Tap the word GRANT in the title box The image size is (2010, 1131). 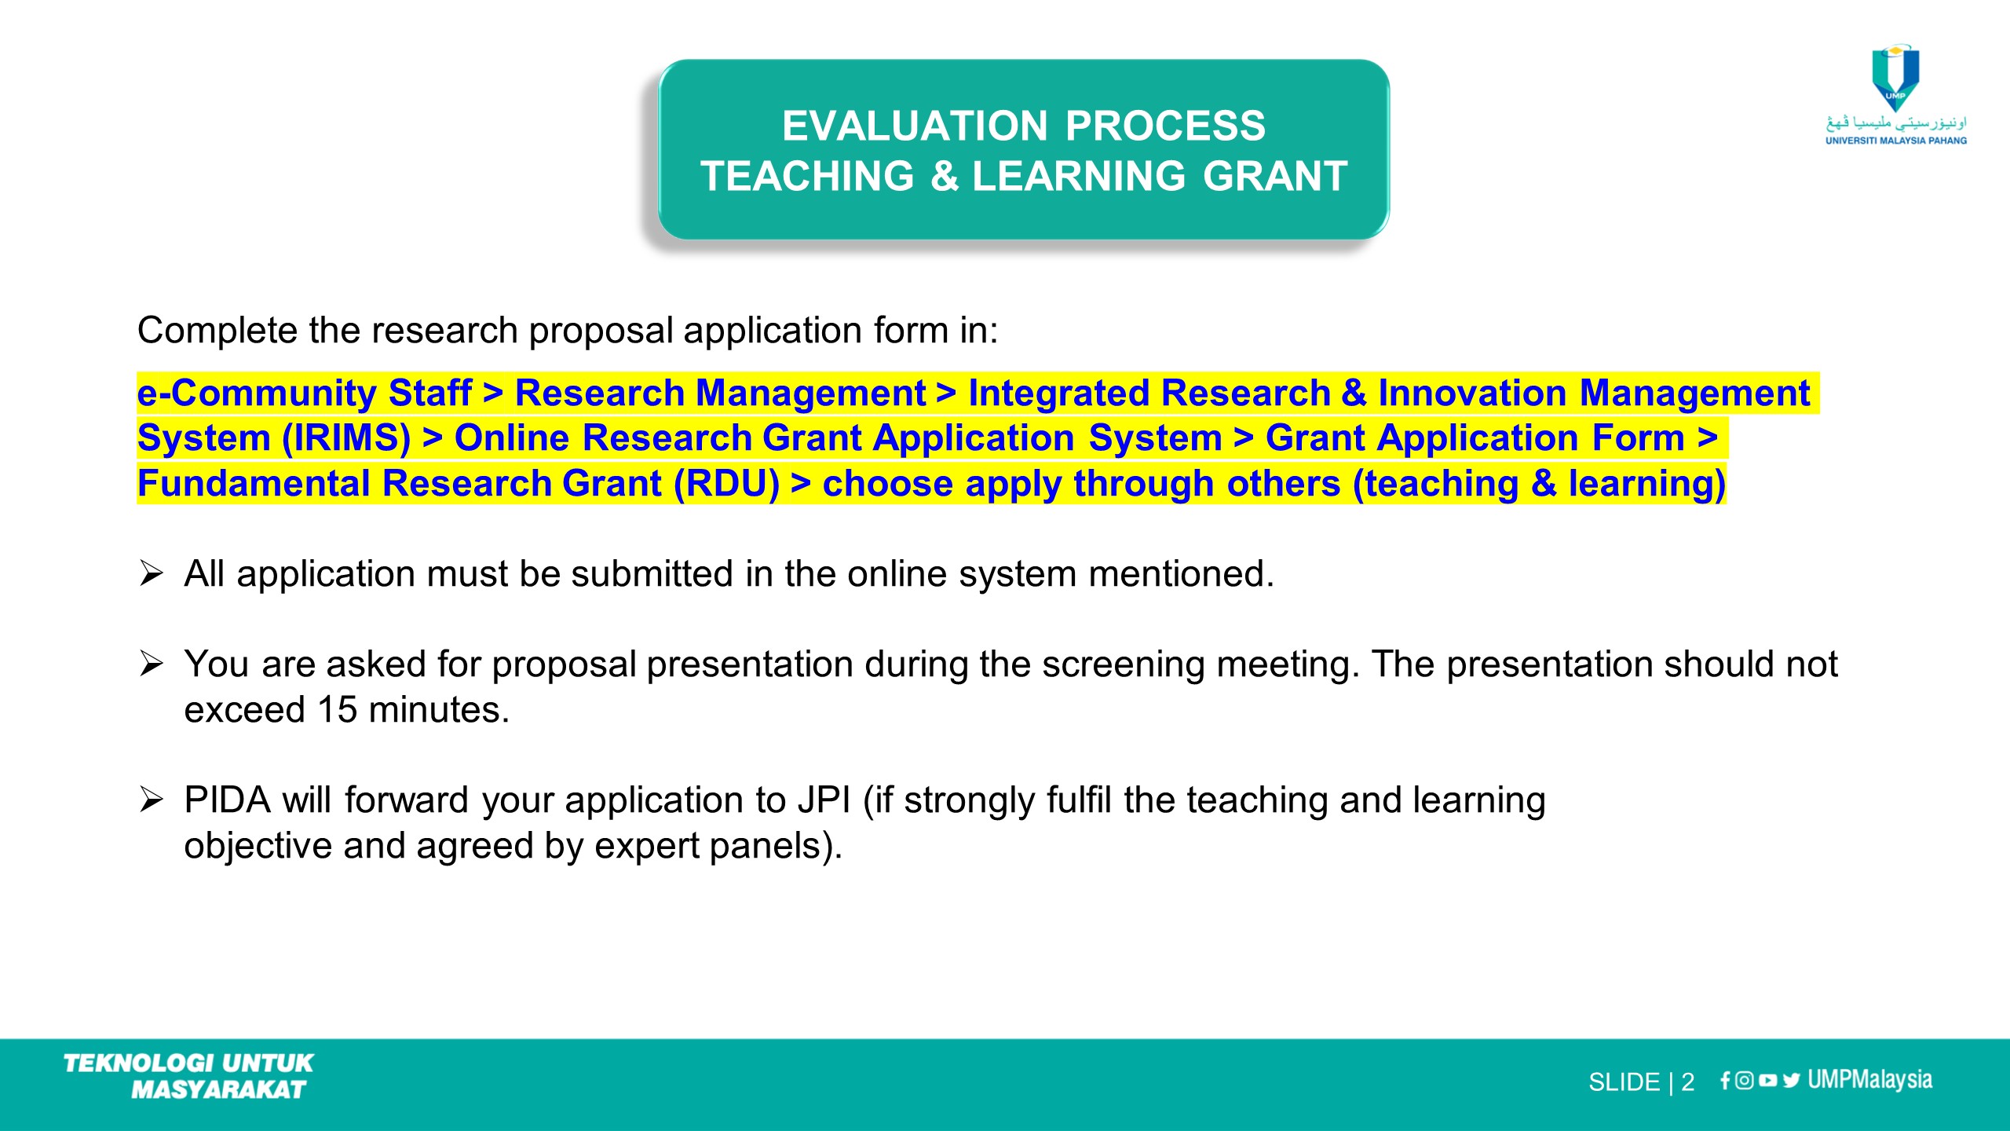coord(1275,176)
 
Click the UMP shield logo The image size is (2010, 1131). coord(1895,78)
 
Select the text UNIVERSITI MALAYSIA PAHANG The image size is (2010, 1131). coord(1896,141)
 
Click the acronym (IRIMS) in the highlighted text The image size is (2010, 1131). coord(346,437)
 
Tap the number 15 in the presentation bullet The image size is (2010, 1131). coord(337,709)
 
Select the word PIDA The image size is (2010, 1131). coord(228,800)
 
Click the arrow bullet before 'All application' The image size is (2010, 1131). coord(151,573)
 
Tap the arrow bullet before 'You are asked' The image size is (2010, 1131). coord(151,664)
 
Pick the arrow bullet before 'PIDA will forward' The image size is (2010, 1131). coord(151,800)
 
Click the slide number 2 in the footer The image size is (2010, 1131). coord(1687,1082)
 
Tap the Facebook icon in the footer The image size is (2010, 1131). coord(1725,1081)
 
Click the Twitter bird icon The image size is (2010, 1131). coord(1791,1081)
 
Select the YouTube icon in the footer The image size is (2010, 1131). coord(1768,1081)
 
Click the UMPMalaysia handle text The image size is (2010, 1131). coord(1869,1080)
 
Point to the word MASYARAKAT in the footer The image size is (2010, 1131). coord(218,1089)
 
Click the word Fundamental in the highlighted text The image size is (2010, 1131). coord(254,483)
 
